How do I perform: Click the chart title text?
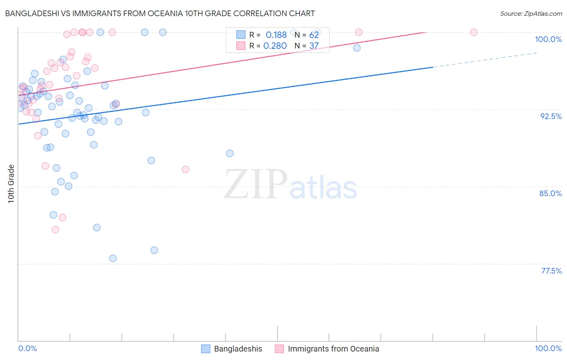[x=160, y=13]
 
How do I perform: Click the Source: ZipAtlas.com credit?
[x=531, y=14]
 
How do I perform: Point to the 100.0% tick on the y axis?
[x=548, y=39]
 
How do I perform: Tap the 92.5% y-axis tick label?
[x=551, y=116]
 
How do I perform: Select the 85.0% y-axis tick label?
[x=550, y=193]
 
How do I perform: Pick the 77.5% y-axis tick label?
[x=551, y=271]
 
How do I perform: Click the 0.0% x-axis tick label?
[x=27, y=348]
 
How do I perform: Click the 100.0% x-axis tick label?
[x=548, y=348]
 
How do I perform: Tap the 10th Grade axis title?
[x=11, y=184]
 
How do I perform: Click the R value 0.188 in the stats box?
[x=276, y=35]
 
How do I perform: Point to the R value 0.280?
[x=275, y=46]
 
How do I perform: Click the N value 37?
[x=314, y=46]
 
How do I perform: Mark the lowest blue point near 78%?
[x=113, y=258]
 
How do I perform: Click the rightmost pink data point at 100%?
[x=474, y=32]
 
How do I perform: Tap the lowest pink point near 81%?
[x=55, y=230]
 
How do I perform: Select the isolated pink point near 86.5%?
[x=186, y=170]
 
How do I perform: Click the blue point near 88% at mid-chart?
[x=230, y=153]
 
